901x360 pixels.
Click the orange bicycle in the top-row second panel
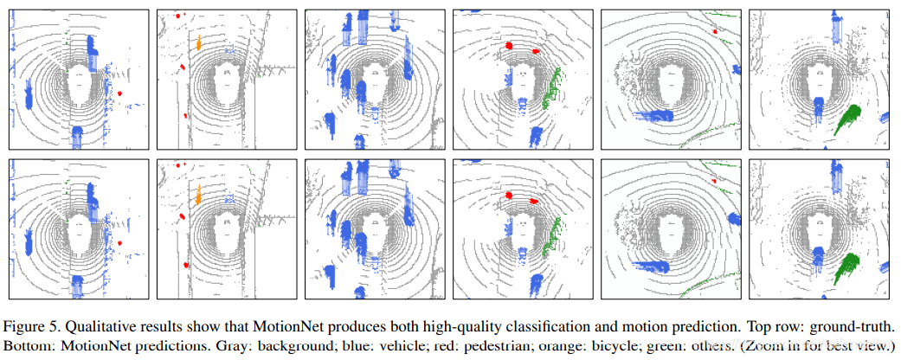point(198,42)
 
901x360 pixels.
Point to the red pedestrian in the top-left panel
point(120,93)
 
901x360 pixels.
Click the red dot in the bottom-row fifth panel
point(715,181)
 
